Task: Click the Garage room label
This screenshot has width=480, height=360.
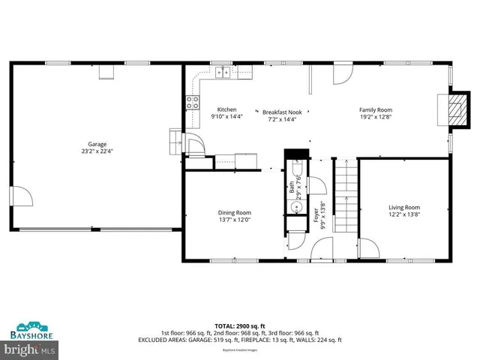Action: tap(97, 144)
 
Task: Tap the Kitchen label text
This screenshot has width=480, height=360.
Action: tap(226, 109)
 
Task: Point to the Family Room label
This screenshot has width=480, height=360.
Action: tap(376, 109)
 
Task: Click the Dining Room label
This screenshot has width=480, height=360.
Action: tap(234, 212)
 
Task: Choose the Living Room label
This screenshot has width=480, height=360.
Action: tap(403, 207)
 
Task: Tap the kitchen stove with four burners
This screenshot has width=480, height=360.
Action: tap(193, 102)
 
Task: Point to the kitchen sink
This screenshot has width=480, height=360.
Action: tap(223, 72)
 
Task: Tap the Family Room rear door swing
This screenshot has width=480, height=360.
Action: tap(341, 73)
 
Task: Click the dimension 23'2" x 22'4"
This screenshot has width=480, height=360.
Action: tap(97, 151)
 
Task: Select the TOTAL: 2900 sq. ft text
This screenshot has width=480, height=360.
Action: tap(239, 325)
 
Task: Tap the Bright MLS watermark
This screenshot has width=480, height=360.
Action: tap(30, 349)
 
